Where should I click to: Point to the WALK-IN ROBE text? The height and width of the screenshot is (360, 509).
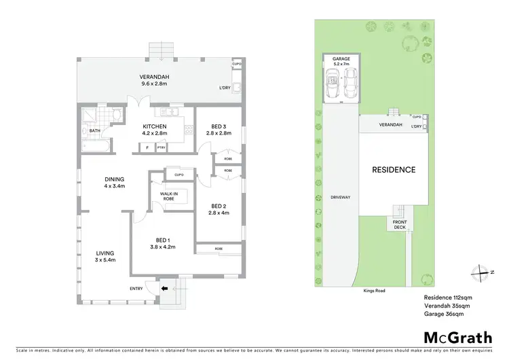coord(169,197)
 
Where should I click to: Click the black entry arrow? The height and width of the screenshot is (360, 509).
coord(164,289)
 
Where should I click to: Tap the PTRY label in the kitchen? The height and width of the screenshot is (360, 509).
coord(161,148)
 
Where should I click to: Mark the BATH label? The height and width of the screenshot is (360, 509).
coord(95,130)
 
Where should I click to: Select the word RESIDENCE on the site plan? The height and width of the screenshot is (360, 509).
coord(394,170)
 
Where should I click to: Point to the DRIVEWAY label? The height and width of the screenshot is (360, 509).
coord(340,198)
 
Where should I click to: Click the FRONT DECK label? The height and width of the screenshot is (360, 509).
coord(400,225)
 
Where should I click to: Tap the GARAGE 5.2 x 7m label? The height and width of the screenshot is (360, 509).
coord(341,62)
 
